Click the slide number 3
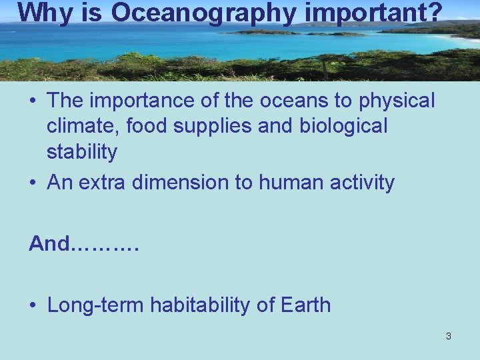tap(448, 336)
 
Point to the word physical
tap(397, 101)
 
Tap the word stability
tap(82, 151)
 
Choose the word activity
tap(363, 182)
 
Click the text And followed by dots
tap(83, 244)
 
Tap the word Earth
tap(305, 305)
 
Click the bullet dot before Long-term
tap(33, 306)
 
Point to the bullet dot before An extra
tap(33, 183)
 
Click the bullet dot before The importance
tap(33, 101)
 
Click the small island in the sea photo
tap(263, 31)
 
